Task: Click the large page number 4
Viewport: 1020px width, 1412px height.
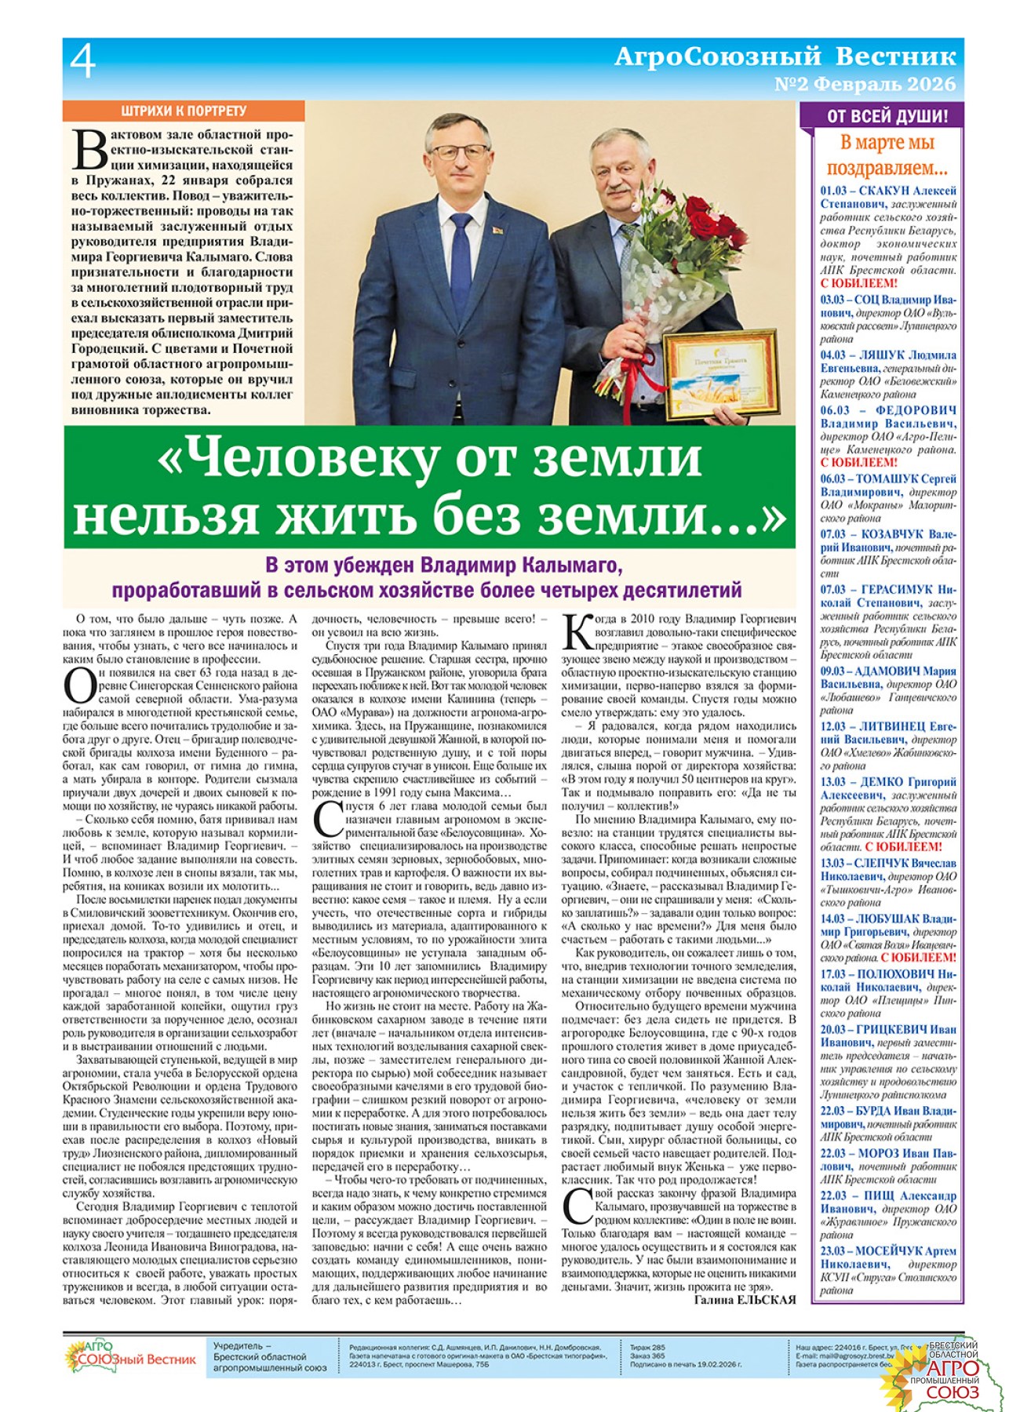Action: coord(83,62)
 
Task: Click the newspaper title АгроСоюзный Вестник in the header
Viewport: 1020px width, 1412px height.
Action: coord(785,56)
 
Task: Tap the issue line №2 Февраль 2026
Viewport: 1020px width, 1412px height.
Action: coord(865,84)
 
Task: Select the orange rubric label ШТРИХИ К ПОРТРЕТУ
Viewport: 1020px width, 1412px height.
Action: coord(184,111)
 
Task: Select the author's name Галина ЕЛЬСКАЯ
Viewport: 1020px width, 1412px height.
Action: coord(745,1300)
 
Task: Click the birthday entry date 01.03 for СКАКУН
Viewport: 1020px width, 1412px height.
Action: coord(835,191)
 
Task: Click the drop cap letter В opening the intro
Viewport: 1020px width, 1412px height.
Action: coord(89,149)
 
